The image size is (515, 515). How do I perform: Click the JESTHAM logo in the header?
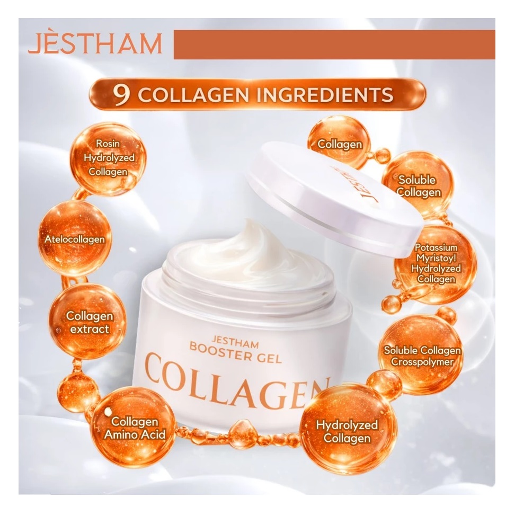click(95, 45)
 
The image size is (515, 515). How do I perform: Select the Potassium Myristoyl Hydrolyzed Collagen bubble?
click(436, 264)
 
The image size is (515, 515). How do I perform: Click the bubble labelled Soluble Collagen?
click(419, 185)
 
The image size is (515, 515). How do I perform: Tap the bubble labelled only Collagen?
click(340, 144)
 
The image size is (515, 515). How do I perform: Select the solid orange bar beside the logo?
click(334, 45)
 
